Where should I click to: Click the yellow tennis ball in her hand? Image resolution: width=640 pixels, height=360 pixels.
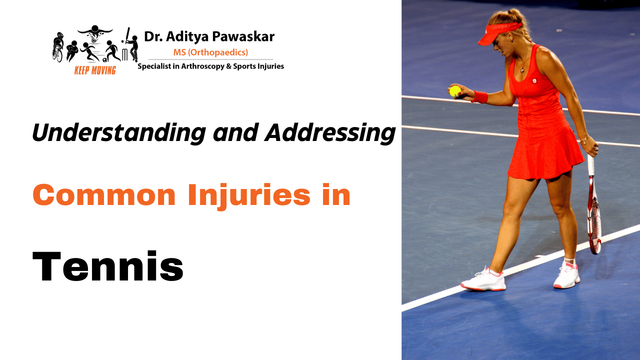point(455,91)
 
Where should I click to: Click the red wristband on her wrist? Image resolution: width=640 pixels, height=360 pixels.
point(479,96)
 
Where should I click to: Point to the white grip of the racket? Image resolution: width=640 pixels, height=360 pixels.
point(591,165)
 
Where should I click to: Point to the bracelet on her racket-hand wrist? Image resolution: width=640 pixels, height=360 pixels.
point(584,139)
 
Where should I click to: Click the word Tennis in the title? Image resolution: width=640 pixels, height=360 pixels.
point(108,266)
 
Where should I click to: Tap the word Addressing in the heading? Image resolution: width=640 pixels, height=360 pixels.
point(330,132)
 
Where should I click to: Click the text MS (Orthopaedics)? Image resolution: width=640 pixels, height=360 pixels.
point(210,52)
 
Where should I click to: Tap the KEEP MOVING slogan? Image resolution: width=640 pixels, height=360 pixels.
point(95,70)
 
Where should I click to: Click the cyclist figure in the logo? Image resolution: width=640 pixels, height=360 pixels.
point(57,47)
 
